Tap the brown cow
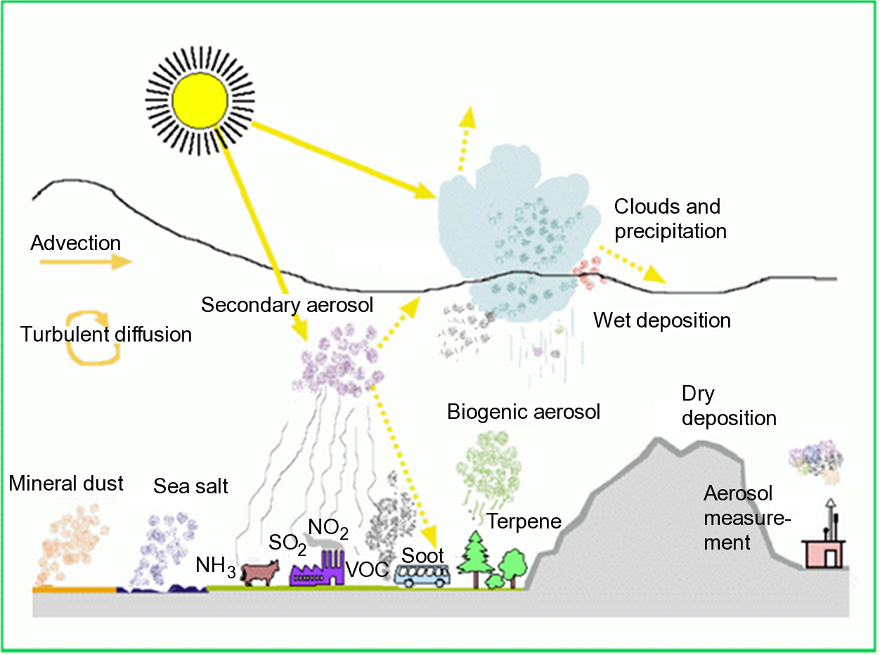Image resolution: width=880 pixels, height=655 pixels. [x=259, y=573]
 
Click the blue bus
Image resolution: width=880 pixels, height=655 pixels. [x=422, y=576]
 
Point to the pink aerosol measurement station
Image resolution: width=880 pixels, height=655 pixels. [x=824, y=553]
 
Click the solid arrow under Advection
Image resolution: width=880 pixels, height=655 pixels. [x=85, y=262]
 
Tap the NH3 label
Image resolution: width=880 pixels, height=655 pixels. [x=216, y=566]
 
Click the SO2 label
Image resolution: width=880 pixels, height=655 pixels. [x=287, y=543]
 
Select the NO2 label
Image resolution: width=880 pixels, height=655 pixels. [x=328, y=527]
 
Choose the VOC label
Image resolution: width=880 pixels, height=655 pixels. [x=368, y=570]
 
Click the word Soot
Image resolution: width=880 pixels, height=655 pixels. [x=422, y=555]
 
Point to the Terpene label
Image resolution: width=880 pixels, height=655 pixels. [x=524, y=521]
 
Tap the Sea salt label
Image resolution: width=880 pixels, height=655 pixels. [x=191, y=486]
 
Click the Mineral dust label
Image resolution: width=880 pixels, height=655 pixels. [x=66, y=483]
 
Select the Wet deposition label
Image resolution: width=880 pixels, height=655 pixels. [x=662, y=320]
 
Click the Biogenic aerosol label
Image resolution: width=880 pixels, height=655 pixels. [x=524, y=411]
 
